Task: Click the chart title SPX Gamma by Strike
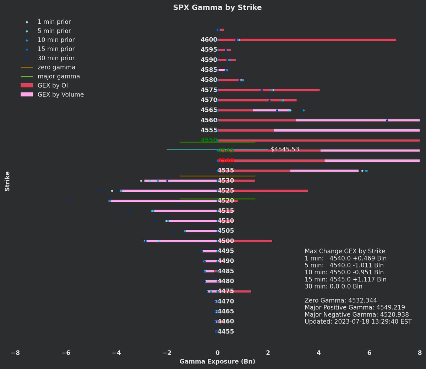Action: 217,7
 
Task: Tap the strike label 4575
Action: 209,90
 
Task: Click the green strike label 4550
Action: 209,140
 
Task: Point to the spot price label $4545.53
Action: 285,150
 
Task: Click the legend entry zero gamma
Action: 56,67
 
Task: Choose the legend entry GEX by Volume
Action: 60,95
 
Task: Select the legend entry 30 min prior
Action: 56,58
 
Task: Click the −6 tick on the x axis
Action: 66,353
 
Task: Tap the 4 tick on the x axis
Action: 318,353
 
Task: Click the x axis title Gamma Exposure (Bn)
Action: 217,362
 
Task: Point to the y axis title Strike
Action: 7,181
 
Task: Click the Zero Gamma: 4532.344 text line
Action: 340,301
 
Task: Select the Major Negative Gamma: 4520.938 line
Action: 356,315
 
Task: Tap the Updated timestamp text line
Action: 358,322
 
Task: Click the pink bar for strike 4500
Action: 181,241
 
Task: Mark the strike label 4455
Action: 226,332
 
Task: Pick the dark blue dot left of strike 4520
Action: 70,201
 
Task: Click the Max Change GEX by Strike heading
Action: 345,251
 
